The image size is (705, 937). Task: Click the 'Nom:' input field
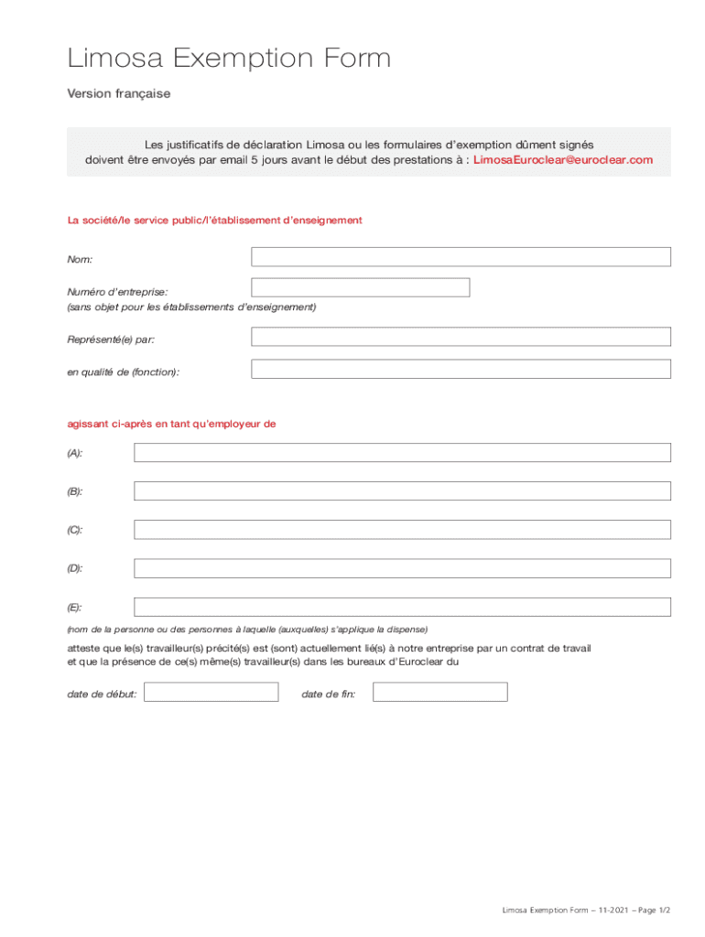[461, 257]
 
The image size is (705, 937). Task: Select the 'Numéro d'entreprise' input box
[360, 287]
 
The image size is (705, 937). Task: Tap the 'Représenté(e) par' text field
[461, 337]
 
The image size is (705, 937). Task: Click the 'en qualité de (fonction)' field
[461, 369]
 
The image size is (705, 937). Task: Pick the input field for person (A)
[402, 453]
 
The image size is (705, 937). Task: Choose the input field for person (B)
[402, 491]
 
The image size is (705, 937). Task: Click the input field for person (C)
[402, 530]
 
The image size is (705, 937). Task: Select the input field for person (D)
[402, 568]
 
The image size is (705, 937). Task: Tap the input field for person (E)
[402, 607]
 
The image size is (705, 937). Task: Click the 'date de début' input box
[211, 692]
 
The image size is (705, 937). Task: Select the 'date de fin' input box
[439, 692]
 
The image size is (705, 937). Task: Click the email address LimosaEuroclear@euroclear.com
[563, 160]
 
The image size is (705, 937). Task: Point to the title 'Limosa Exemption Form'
[229, 59]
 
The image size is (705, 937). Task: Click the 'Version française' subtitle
[119, 94]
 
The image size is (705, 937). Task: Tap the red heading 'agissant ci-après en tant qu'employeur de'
[172, 424]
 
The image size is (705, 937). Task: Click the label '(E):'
[75, 608]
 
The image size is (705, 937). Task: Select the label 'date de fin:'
[329, 695]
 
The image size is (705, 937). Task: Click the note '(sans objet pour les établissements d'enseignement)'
[191, 307]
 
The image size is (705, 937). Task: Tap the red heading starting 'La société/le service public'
[215, 221]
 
